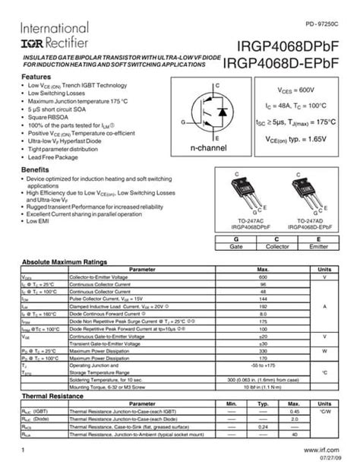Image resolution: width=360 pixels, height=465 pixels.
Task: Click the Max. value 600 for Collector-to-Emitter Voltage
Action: (x=264, y=278)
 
